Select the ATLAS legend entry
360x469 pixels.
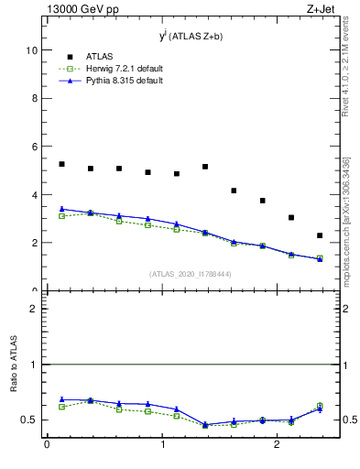(98, 56)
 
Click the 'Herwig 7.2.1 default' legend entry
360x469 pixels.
(118, 69)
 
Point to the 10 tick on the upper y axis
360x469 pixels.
(32, 51)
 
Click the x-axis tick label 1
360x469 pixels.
(163, 445)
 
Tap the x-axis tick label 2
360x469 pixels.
(279, 445)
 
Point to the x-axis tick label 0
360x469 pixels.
(47, 445)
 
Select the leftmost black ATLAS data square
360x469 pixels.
(61, 164)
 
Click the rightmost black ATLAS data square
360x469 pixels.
(320, 235)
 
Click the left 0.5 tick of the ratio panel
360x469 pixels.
(33, 420)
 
